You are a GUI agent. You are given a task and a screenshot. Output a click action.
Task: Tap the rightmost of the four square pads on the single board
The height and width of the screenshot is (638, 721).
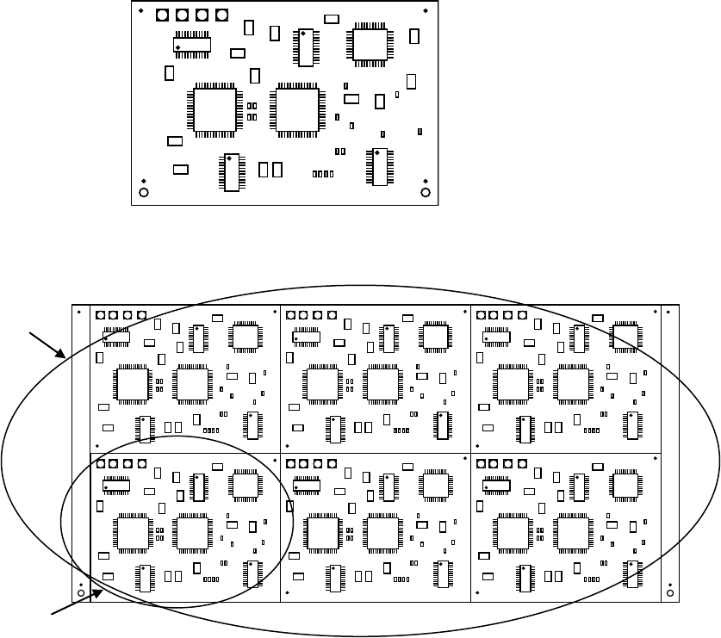click(222, 15)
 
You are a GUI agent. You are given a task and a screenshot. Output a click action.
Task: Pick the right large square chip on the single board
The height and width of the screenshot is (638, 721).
click(296, 109)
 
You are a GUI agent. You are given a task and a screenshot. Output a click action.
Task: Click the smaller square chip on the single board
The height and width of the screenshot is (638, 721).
click(371, 45)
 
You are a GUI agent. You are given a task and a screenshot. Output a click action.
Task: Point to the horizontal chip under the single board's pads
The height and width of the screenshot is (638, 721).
click(192, 44)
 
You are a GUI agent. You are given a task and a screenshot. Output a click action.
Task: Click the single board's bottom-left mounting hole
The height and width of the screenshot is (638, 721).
click(144, 192)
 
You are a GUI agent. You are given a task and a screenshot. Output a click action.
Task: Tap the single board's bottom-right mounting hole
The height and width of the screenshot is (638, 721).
click(425, 192)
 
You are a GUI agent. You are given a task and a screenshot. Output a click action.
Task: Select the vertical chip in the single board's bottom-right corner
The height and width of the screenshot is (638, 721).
click(379, 167)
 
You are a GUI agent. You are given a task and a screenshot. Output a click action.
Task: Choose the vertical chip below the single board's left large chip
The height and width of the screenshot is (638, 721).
click(231, 171)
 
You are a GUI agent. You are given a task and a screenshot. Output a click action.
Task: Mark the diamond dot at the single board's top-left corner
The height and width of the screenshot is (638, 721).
click(141, 10)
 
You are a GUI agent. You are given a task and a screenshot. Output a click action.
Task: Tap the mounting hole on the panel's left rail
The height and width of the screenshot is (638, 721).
click(81, 593)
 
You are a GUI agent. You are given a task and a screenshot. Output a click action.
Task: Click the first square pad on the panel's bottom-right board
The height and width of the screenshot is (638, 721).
click(481, 463)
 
